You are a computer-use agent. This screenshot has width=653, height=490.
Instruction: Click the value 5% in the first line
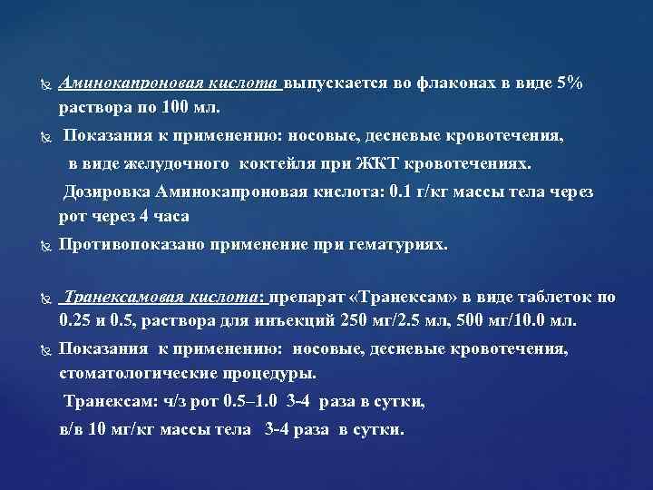coord(570,83)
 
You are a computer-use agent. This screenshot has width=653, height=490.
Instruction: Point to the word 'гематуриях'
coord(400,244)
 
